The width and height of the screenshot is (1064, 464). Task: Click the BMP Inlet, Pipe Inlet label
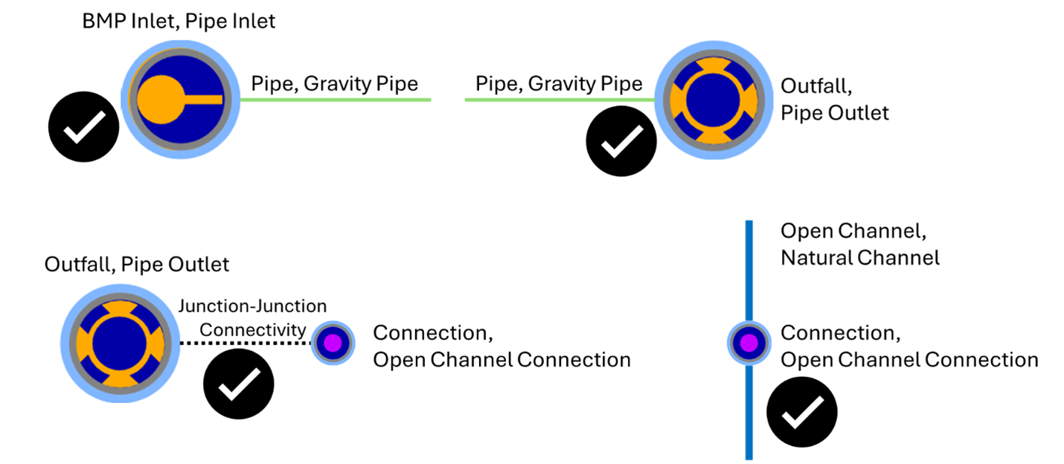coord(179,22)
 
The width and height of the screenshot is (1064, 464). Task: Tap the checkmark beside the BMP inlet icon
coord(84,127)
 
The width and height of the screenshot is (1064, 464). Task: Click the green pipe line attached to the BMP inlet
coord(335,100)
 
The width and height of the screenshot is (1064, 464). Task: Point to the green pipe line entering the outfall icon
coord(558,100)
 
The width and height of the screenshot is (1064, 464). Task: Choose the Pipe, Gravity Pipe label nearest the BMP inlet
coord(334,83)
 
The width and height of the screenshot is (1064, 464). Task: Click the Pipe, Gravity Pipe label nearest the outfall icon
coord(559,83)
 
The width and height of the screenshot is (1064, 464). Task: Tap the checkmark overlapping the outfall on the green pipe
coord(621,141)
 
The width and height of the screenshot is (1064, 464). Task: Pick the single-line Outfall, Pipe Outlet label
coord(137,264)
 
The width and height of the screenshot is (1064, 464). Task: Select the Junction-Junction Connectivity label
coord(253,317)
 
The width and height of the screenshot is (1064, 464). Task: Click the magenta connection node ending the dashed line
coord(332,343)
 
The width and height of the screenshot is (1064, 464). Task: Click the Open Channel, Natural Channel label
coord(859,245)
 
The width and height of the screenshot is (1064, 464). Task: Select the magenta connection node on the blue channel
coord(749,343)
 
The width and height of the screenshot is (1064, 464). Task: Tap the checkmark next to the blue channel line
coord(802,412)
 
